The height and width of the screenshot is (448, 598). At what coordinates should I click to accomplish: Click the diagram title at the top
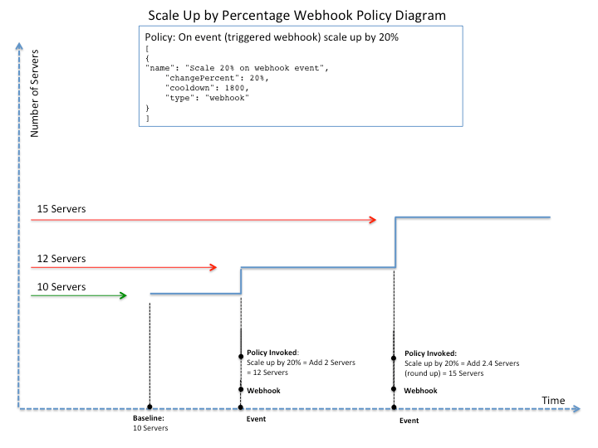pos(297,15)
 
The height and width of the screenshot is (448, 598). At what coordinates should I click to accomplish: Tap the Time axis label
pos(553,401)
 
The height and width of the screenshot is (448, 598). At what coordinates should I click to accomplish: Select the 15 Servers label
pos(61,208)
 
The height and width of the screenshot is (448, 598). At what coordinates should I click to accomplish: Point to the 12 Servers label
pos(61,259)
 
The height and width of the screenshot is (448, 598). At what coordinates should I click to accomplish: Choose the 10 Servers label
pos(61,287)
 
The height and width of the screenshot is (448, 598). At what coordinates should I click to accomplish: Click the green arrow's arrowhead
pos(123,295)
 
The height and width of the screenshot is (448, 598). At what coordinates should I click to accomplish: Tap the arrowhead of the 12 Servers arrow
pos(213,267)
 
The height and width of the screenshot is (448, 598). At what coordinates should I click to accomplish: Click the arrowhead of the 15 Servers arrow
pos(374,220)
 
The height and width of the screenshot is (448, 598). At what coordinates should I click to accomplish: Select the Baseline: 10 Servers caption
pos(150,423)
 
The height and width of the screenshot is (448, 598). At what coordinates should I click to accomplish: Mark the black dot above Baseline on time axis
pos(149,407)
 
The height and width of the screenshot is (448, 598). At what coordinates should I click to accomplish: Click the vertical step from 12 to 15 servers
pos(395,242)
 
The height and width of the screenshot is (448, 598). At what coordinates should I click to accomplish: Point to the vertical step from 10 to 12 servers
pos(241,280)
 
